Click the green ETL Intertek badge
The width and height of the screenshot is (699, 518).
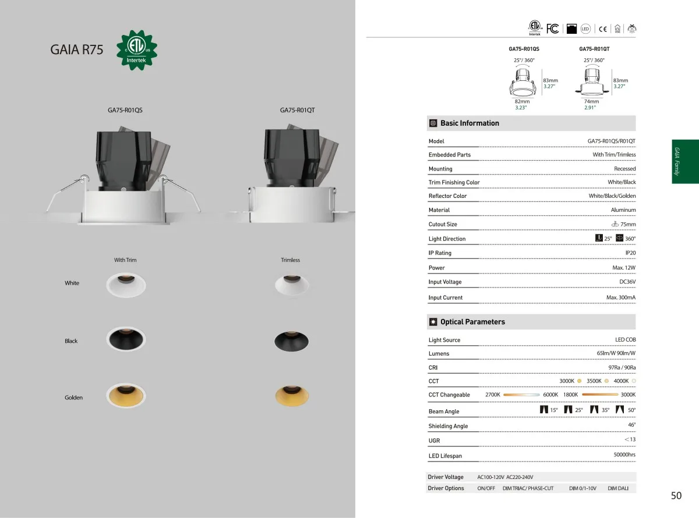137,50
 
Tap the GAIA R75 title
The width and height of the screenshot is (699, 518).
76,49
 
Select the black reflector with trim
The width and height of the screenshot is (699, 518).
126,339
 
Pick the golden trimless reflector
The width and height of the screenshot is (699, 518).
292,396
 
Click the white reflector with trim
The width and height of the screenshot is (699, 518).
126,285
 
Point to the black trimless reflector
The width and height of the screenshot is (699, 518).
291,341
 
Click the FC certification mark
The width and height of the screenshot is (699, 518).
552,29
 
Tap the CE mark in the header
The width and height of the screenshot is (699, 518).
602,29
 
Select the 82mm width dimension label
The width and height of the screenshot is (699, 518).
522,101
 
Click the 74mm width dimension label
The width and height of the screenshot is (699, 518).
592,101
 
